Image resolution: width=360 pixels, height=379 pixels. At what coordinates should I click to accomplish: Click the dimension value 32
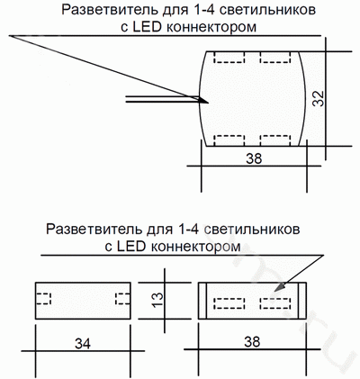[x=319, y=98]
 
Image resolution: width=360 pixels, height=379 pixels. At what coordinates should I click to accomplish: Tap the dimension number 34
[x=83, y=343]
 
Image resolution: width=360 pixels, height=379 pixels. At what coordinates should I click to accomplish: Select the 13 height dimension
[x=157, y=300]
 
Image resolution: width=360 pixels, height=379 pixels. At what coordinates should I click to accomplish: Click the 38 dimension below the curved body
[x=254, y=158]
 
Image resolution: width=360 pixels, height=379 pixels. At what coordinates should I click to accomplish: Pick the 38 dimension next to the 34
[x=252, y=341]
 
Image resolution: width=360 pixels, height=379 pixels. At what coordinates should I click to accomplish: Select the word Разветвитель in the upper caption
[x=110, y=10]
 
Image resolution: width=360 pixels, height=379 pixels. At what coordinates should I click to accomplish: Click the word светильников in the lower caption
[x=251, y=230]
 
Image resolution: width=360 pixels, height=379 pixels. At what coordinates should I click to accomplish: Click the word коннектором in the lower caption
[x=195, y=247]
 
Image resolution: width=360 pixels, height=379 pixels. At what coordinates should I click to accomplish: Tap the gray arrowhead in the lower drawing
[x=279, y=287]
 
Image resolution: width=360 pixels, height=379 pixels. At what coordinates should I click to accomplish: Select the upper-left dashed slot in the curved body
[x=229, y=58]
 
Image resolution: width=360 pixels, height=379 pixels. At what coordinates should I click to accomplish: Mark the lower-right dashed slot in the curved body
[x=275, y=140]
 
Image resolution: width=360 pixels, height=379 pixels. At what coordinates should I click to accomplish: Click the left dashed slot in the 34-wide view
[x=43, y=298]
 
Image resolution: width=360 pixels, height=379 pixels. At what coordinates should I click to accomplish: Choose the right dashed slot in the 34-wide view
[x=123, y=298]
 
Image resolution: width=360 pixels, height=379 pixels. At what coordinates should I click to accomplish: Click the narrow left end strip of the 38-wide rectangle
[x=202, y=301]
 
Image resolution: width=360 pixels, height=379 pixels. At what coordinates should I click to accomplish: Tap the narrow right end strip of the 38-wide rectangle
[x=302, y=301]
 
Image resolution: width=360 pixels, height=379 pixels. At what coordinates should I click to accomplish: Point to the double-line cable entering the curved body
[x=163, y=99]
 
